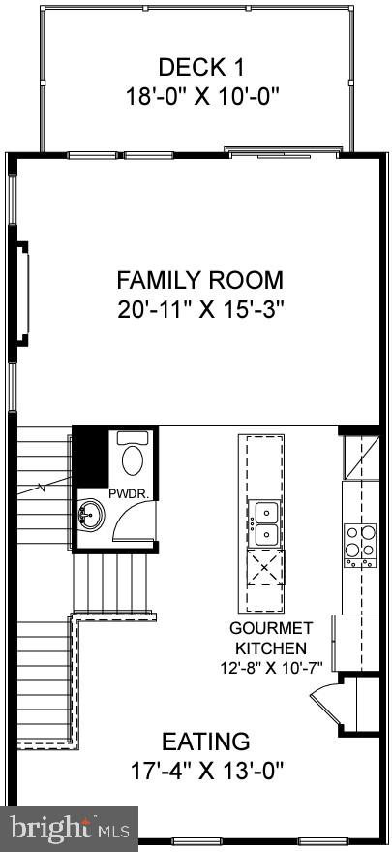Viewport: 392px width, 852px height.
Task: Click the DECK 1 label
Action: click(x=201, y=67)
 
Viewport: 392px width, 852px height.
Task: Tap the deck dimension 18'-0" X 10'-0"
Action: click(x=201, y=96)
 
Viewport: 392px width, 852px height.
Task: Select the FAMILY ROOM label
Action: click(x=200, y=281)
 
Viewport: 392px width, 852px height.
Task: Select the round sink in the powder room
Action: click(x=91, y=513)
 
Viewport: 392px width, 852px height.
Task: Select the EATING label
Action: click(x=205, y=742)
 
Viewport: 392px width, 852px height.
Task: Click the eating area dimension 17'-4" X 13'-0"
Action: click(x=205, y=772)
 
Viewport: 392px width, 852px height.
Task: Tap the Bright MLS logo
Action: click(x=70, y=828)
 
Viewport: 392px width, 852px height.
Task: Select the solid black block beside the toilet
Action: click(x=92, y=456)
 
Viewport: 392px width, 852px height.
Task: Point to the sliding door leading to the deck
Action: click(x=283, y=151)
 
